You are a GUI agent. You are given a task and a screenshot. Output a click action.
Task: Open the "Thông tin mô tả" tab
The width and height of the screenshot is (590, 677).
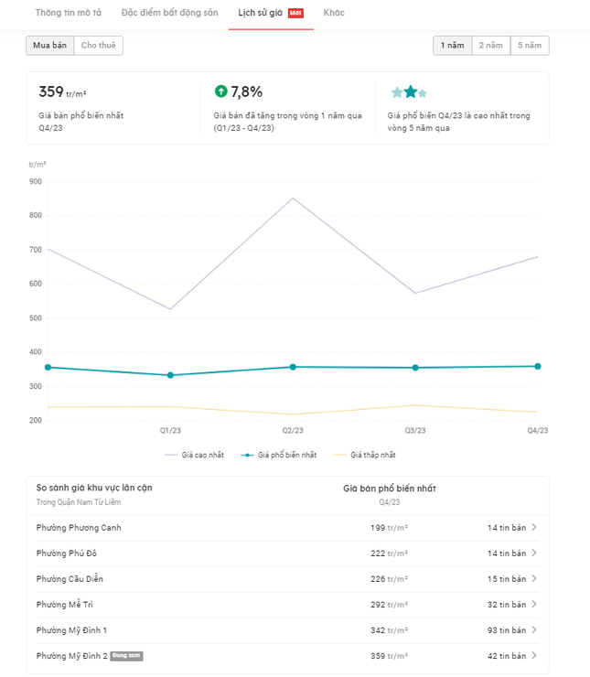(x=69, y=13)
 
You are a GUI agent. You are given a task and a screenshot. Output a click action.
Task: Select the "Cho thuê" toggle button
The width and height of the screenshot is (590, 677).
(x=99, y=45)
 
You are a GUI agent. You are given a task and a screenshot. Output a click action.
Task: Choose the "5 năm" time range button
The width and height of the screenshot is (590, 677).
(x=530, y=45)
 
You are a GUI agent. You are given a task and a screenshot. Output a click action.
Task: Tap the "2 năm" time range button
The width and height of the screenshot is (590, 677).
(x=491, y=45)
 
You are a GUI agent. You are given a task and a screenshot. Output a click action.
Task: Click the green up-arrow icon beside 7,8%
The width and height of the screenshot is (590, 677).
(x=220, y=91)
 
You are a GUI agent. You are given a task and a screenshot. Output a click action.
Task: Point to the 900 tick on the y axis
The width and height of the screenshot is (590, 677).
(x=36, y=181)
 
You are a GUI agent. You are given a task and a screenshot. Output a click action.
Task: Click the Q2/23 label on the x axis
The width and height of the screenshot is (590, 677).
(x=293, y=430)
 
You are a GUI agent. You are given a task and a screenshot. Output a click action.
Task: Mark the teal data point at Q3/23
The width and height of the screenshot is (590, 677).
(x=415, y=368)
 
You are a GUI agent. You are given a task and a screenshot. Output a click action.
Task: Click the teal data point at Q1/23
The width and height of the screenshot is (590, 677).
(x=170, y=375)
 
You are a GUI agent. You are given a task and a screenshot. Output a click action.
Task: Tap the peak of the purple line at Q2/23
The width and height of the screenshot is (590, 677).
(x=293, y=198)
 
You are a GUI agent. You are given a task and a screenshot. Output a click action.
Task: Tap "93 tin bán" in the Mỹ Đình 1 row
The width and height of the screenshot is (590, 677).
(x=506, y=630)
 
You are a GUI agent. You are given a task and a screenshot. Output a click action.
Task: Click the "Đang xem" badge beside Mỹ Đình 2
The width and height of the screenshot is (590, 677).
(x=126, y=656)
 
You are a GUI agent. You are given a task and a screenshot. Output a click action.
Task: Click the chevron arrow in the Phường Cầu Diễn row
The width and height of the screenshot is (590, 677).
(x=534, y=579)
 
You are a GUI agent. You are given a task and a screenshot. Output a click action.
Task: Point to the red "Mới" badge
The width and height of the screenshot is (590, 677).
(x=295, y=13)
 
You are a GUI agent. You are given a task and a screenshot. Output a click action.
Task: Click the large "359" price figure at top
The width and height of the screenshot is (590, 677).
(x=51, y=91)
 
